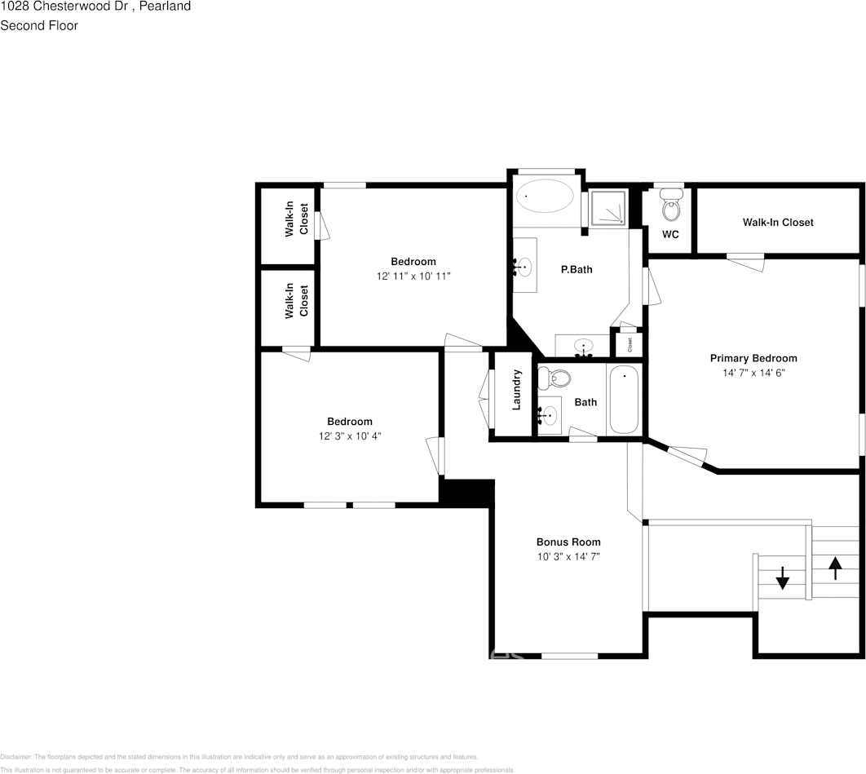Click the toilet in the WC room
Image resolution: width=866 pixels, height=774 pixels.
click(671, 206)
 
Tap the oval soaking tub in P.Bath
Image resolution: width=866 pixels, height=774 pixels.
click(545, 197)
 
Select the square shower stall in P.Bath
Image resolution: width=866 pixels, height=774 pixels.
click(608, 209)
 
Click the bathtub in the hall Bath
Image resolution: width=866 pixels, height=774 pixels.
click(625, 400)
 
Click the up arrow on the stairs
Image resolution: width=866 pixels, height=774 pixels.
click(835, 567)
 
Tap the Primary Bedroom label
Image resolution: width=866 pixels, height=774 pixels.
click(753, 358)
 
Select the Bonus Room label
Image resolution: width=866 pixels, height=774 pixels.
click(568, 542)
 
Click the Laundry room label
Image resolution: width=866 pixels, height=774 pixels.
click(516, 390)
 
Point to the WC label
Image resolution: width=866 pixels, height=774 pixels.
click(670, 235)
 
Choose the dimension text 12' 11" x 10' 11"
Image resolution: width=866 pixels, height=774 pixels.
click(413, 276)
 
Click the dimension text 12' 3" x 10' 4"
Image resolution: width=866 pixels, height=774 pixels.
click(350, 436)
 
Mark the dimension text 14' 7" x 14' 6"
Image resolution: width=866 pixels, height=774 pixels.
click(753, 373)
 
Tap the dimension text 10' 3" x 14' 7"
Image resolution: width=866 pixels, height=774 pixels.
click(568, 557)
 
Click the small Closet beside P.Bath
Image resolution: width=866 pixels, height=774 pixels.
click(629, 344)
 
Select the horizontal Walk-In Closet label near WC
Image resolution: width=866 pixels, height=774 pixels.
click(777, 222)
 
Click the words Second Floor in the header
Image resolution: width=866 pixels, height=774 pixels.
click(39, 25)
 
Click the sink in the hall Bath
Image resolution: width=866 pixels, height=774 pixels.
click(550, 416)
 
